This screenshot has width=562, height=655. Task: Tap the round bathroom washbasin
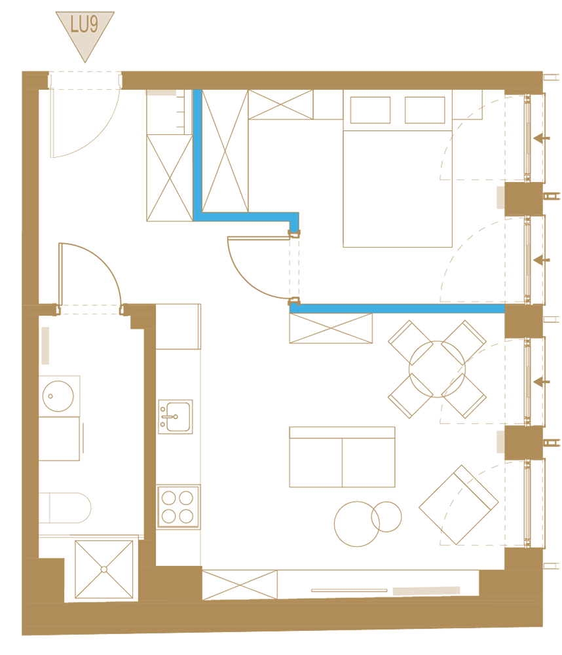point(58,396)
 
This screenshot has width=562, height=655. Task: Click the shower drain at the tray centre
point(104,569)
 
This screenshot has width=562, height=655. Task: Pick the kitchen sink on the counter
point(176,417)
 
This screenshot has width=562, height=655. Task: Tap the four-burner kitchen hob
point(178,507)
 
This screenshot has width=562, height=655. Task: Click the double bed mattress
point(398,189)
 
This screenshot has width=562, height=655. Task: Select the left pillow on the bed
point(370,110)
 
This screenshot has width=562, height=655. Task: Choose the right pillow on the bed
point(425,110)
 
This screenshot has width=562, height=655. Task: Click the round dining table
point(437,369)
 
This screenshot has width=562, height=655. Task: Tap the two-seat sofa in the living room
point(342,457)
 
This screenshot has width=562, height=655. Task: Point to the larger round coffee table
point(357,524)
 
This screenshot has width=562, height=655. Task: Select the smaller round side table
point(386,517)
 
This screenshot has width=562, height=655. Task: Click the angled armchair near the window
point(459,505)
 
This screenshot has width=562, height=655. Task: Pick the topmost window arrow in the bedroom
point(542,138)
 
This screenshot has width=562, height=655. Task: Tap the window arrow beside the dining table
point(542,381)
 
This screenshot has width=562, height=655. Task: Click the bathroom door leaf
point(60,276)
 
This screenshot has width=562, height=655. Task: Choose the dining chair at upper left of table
point(410,343)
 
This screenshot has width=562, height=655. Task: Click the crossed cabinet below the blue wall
point(331,328)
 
